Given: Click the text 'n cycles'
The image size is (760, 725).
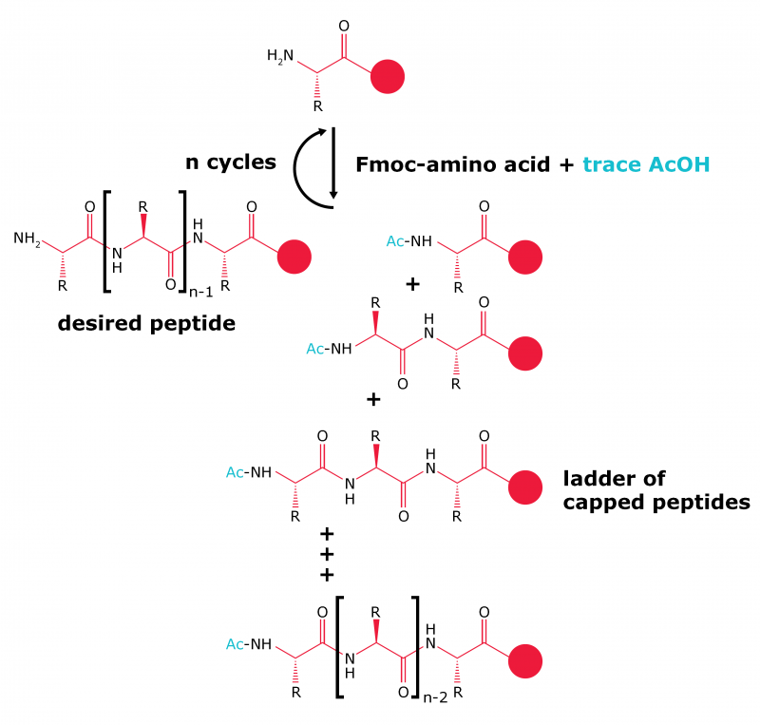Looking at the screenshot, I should [230, 162].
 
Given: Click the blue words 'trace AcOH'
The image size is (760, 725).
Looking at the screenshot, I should [646, 163].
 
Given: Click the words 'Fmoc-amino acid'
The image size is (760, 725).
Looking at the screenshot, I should [451, 163].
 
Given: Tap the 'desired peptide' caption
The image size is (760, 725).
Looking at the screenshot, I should [147, 323].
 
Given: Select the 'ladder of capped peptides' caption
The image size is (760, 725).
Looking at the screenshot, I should [656, 489].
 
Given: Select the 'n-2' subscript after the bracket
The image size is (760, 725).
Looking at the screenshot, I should [435, 696].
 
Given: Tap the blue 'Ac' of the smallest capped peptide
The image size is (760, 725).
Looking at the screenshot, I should [396, 242].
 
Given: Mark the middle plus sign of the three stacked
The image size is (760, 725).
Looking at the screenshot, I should [328, 554].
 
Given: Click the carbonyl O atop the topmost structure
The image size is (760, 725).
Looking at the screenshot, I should [344, 26].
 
